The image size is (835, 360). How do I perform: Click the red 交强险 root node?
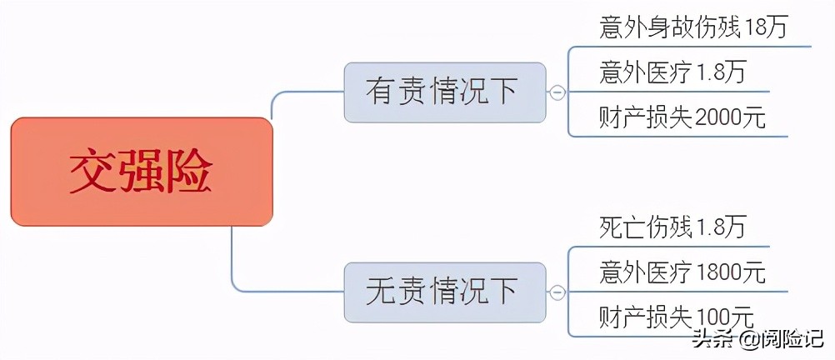tap(142, 172)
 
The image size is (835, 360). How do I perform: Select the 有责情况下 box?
tap(445, 92)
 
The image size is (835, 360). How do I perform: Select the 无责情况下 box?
tap(445, 292)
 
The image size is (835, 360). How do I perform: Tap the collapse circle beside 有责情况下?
tap(557, 92)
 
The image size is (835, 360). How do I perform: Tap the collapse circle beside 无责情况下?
tap(557, 292)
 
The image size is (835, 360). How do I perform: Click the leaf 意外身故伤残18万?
tap(693, 27)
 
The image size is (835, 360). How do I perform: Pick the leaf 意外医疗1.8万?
tap(672, 72)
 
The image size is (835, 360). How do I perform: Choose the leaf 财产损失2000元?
tap(682, 117)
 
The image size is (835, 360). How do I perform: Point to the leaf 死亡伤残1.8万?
tap(672, 227)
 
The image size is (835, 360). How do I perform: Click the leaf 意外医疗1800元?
tap(682, 272)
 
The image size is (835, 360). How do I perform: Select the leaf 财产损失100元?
tap(676, 317)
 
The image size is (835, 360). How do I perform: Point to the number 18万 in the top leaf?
tap(766, 27)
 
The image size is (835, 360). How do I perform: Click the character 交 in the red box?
tap(92, 172)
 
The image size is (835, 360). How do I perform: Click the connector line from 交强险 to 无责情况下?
tap(232, 267)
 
